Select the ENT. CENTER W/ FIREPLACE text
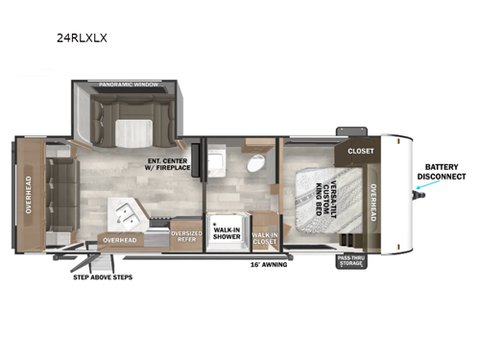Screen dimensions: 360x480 pos(168,164)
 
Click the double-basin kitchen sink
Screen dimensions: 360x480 pos(127,209)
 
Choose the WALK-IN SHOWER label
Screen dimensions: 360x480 pos(228,232)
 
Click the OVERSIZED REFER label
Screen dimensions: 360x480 pos(185,234)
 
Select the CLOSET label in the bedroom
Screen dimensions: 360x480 pos(360,151)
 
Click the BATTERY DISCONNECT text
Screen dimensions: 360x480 pos(441,172)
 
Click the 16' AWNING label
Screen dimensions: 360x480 pos(268,263)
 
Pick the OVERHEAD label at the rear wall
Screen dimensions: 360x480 pos(28,194)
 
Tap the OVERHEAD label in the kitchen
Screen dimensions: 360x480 pos(119,240)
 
